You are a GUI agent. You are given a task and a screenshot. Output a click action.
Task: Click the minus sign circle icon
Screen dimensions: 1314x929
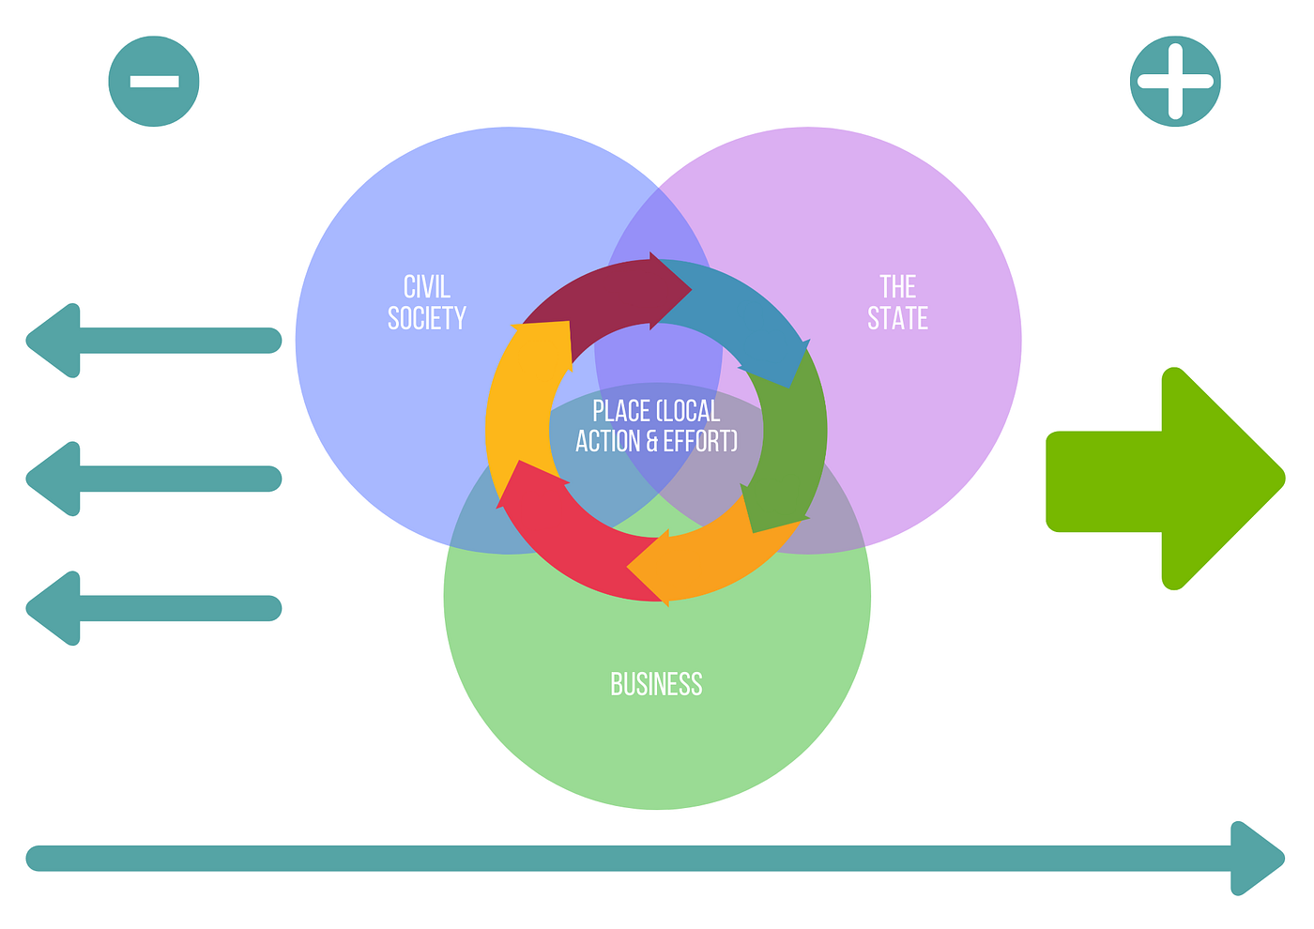coord(154,81)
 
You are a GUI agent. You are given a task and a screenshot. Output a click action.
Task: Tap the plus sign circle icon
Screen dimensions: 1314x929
coord(1175,81)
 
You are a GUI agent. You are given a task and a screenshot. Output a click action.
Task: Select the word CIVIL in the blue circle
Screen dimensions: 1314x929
coord(427,286)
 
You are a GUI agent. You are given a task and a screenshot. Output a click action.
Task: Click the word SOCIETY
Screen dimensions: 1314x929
coord(427,319)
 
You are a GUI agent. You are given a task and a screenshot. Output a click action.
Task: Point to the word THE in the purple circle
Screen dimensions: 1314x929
coord(897,286)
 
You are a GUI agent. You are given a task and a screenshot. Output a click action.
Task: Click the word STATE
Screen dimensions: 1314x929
coord(897,319)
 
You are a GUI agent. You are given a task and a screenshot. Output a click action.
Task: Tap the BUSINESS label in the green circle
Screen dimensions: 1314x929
coord(656,684)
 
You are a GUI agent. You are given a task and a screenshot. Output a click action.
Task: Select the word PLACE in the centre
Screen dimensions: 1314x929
coord(621,411)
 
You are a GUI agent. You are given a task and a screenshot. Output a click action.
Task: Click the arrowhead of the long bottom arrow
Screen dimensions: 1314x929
coord(1258,858)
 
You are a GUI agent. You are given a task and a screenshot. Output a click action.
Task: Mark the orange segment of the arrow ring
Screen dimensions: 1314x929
coord(704,563)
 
